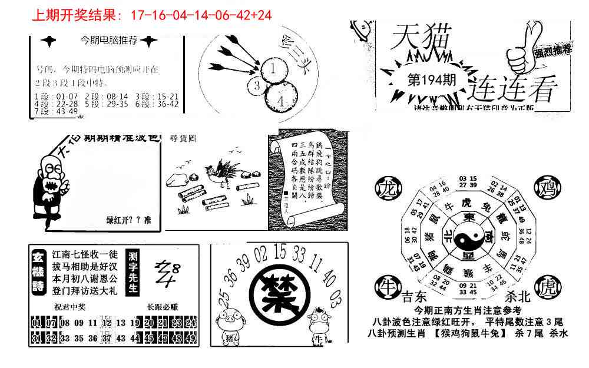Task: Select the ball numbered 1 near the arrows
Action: click(x=273, y=69)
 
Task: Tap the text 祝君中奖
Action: click(x=67, y=306)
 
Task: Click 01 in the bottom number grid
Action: click(x=36, y=323)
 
